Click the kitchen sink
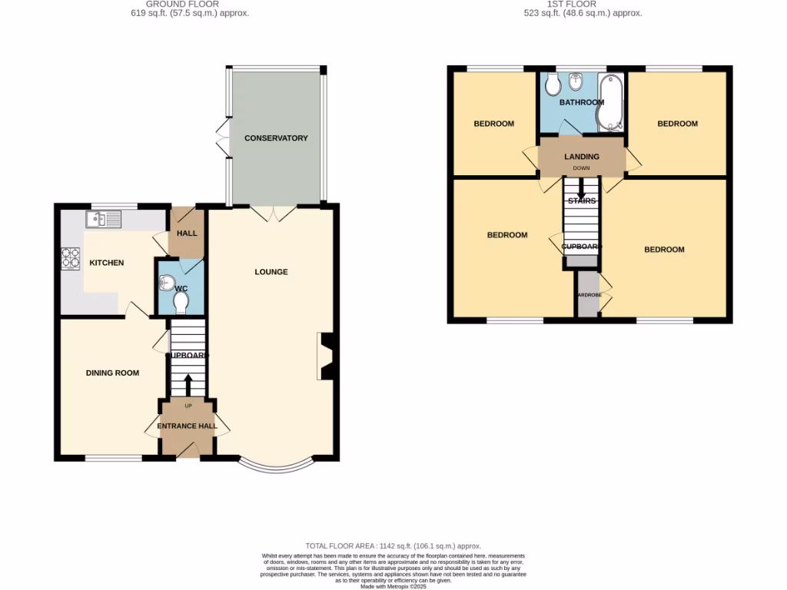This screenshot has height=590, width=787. pos(104,220)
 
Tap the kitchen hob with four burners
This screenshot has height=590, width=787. pos(71,258)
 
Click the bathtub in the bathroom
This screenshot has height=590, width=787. pos(610,104)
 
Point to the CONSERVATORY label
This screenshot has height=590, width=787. pos(276,138)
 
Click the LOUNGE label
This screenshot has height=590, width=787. pos(271,271)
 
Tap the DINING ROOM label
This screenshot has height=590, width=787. pos(112,373)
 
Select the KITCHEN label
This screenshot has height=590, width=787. pos(107,263)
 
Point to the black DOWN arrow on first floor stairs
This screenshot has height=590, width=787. pos(581,189)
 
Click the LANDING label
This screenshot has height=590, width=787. pos(582,157)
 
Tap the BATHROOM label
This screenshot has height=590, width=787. pos(581,102)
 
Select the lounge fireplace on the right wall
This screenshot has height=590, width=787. pos(324,356)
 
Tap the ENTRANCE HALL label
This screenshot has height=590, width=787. pos(188,426)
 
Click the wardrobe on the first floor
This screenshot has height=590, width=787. pos(588,294)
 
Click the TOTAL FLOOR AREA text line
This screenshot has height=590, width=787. pos(393,544)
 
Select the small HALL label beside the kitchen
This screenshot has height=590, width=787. pos(187,234)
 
